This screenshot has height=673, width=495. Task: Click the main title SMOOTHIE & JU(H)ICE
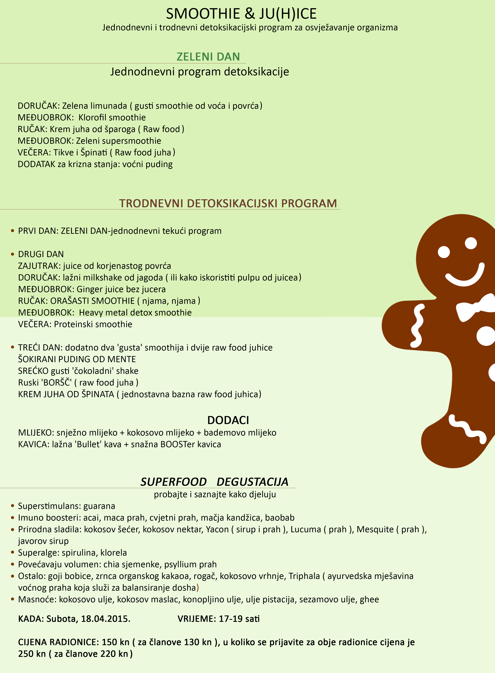(241, 14)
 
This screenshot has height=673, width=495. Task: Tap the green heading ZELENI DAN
(208, 57)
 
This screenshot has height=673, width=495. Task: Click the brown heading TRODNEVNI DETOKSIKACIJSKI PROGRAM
(228, 203)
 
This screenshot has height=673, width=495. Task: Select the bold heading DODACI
(228, 420)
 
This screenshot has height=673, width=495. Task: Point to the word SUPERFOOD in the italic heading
(174, 482)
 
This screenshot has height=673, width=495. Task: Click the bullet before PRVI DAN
(13, 231)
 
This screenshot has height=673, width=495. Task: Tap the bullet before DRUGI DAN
(13, 254)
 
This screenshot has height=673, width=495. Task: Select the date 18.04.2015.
(106, 619)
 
